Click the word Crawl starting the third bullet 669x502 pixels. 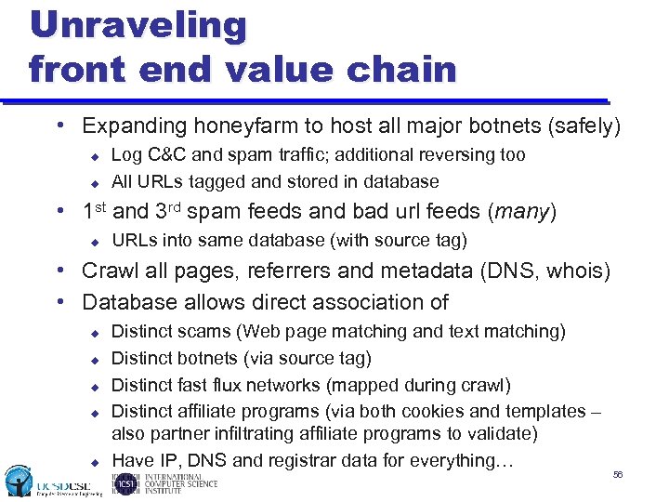tap(110, 271)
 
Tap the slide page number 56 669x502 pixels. tap(618, 475)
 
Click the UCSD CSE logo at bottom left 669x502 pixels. tap(46, 482)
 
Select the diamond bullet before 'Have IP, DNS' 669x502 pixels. tap(94, 461)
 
